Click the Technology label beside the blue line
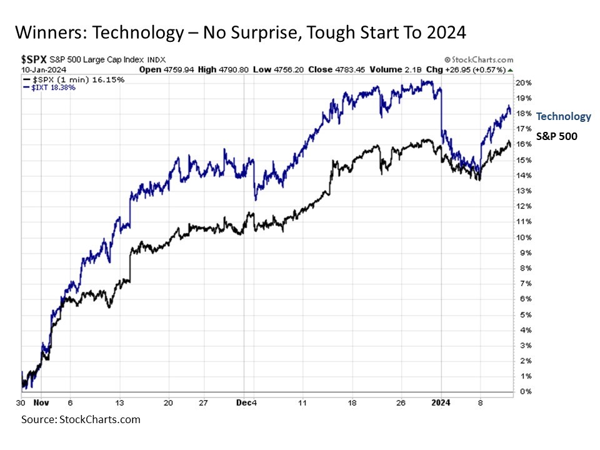point(563,116)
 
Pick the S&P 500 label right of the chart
point(557,134)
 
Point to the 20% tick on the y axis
point(524,82)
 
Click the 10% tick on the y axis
point(524,237)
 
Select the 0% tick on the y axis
point(524,392)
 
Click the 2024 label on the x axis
point(442,404)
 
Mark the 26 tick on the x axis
point(401,404)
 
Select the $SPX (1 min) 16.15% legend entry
point(73,80)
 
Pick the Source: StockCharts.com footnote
point(81,419)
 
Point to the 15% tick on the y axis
point(524,160)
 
